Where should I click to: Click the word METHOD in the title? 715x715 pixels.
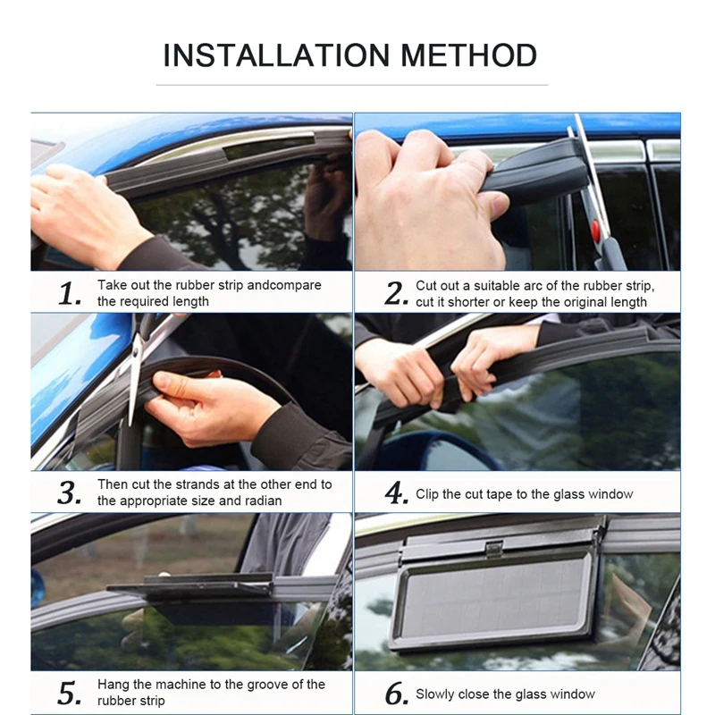coord(469,55)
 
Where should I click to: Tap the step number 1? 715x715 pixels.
coord(70,292)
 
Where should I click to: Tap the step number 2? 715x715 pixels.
coord(396,292)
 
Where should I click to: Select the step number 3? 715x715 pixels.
coord(70,492)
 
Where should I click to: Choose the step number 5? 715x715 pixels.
coord(70,693)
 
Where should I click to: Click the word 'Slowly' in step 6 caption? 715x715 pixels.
coord(438,694)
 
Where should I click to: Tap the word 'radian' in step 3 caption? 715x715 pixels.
coord(263,500)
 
